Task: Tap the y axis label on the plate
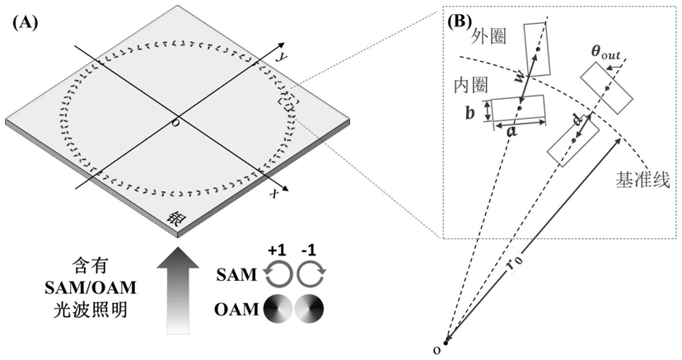point(282,56)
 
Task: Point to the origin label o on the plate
point(174,123)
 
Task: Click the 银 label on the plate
point(175,218)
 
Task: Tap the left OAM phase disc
point(277,310)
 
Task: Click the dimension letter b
point(469,113)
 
